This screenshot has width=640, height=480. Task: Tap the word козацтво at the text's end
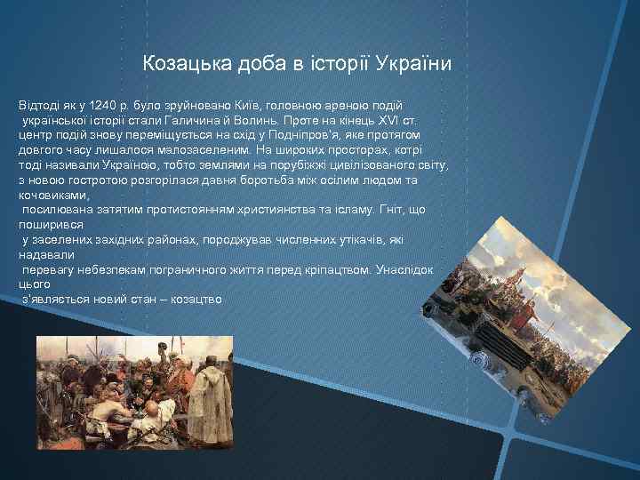(199, 300)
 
